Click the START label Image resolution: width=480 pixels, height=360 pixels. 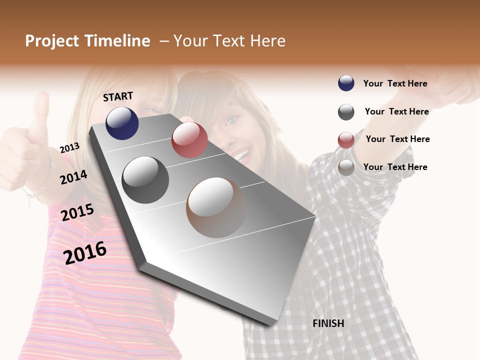[118, 96]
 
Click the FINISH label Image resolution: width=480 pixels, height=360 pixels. [328, 323]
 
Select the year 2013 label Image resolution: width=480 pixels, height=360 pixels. [69, 148]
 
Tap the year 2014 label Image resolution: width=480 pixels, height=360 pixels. [73, 177]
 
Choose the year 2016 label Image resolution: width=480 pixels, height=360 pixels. [85, 252]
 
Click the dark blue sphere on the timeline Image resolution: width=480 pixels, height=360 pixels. [122, 123]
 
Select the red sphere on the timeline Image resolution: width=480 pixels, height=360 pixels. [189, 140]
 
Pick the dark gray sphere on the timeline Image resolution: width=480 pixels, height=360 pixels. [145, 179]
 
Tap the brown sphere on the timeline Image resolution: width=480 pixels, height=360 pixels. [216, 207]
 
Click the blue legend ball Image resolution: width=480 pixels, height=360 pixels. [346, 83]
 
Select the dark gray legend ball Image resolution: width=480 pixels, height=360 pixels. [346, 112]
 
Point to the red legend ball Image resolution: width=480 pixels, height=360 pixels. [346, 140]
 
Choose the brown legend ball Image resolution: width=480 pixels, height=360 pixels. [346, 167]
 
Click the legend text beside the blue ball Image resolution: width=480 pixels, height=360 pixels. [395, 83]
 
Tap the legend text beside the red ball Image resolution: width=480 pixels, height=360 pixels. [397, 139]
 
